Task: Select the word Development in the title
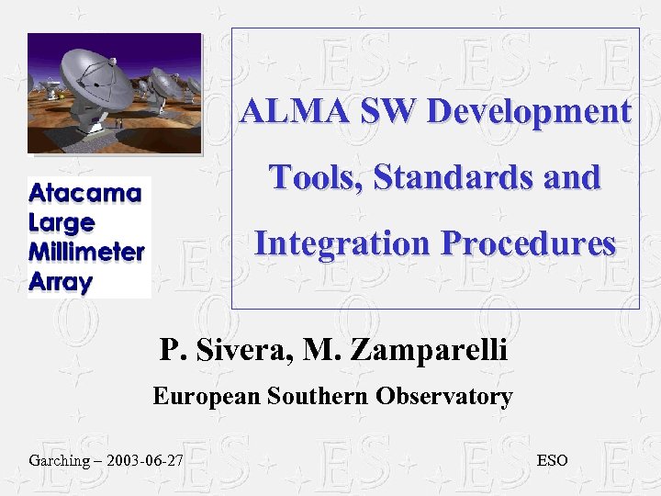point(529,112)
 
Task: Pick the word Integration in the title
point(342,243)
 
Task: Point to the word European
point(207,397)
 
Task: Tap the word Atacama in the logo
point(85,195)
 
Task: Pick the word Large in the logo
point(62,223)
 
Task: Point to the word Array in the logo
point(61,282)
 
